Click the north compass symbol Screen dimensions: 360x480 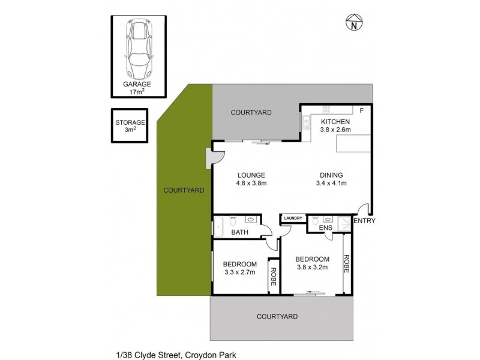(355, 23)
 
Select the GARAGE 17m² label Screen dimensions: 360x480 (137, 88)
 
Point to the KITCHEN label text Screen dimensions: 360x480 (335, 121)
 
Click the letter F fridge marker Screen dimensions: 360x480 (361, 111)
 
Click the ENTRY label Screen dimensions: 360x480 (364, 221)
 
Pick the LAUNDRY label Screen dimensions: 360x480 (293, 218)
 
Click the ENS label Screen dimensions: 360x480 (325, 229)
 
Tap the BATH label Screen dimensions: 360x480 (240, 232)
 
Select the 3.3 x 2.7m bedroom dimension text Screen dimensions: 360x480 (240, 272)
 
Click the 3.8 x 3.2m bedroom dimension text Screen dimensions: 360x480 (312, 268)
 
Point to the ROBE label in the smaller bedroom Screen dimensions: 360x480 (274, 276)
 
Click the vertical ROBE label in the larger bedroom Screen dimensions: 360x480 (346, 264)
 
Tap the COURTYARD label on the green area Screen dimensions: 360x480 (184, 190)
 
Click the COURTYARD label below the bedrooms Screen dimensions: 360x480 (277, 316)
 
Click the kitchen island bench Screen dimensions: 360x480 (353, 145)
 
